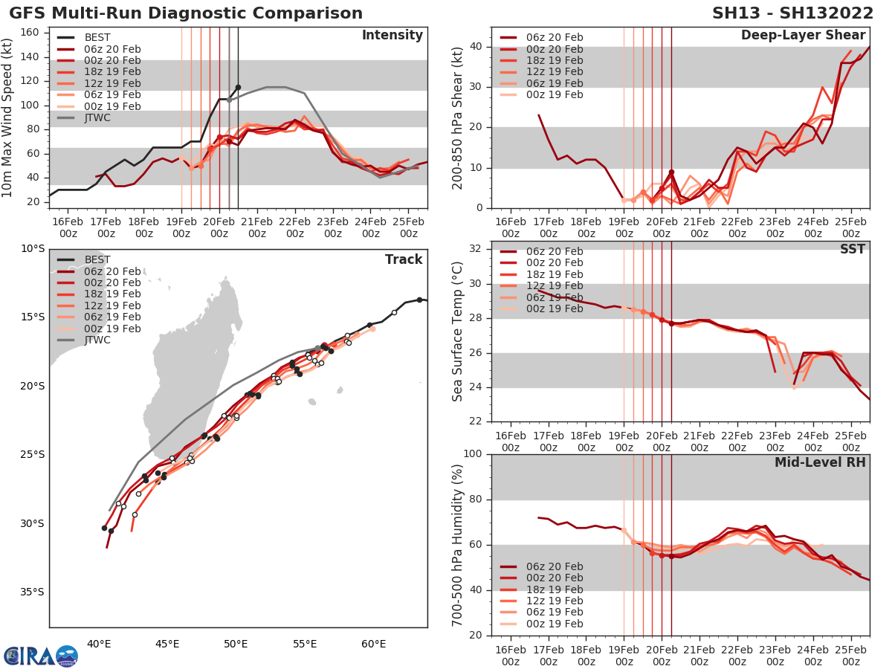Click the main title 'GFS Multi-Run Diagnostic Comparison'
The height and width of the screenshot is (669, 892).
(186, 13)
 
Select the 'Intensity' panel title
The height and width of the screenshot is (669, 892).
(392, 36)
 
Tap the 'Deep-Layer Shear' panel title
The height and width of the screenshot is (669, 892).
(803, 36)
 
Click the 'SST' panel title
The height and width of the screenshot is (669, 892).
(852, 249)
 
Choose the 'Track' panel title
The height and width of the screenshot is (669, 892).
(404, 259)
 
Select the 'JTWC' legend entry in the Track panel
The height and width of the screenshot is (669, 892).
(97, 340)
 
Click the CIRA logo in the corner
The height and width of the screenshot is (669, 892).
(40, 655)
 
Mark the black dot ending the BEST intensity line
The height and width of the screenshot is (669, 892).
(238, 87)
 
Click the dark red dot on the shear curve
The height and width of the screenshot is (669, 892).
(671, 172)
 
